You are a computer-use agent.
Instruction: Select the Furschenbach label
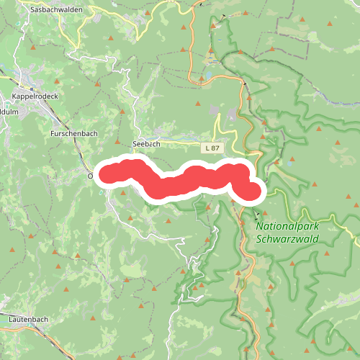[x=73, y=135]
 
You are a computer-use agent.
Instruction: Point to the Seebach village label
[x=146, y=144]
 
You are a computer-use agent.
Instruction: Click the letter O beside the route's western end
[x=91, y=175]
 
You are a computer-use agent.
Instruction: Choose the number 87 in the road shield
[x=216, y=148]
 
